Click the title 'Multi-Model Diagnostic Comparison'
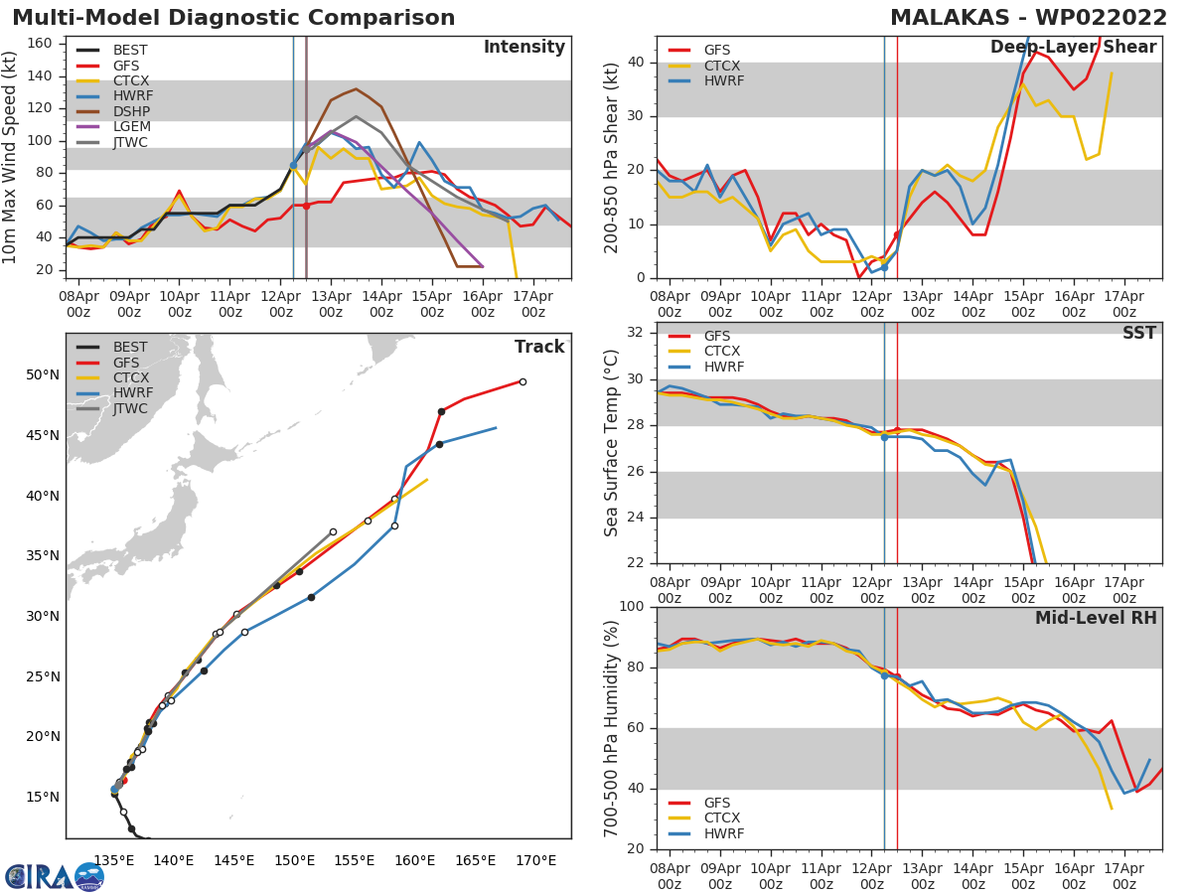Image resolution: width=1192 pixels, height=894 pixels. tap(233, 18)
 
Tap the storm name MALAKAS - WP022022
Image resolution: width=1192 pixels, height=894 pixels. tap(1027, 18)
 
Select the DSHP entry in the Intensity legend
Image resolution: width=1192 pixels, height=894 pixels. tap(129, 111)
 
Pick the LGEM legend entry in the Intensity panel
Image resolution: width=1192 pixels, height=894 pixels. tap(129, 127)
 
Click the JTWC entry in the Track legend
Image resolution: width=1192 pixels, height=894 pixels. tap(129, 408)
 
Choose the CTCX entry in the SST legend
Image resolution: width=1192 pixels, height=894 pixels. tap(721, 351)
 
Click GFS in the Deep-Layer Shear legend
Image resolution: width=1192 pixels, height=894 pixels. tap(717, 50)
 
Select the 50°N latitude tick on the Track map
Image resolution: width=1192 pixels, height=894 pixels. tap(42, 374)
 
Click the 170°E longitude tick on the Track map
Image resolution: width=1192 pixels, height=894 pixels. tap(534, 860)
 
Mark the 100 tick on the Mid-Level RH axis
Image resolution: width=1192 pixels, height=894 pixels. tap(633, 606)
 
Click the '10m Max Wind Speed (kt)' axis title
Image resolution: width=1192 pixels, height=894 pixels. tap(11, 157)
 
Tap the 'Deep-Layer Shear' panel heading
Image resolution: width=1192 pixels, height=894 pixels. tap(1073, 48)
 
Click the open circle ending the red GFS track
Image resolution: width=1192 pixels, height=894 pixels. tap(522, 381)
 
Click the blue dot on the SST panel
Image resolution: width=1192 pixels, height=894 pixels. tap(884, 437)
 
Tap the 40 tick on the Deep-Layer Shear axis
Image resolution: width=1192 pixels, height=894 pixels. tap(637, 63)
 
